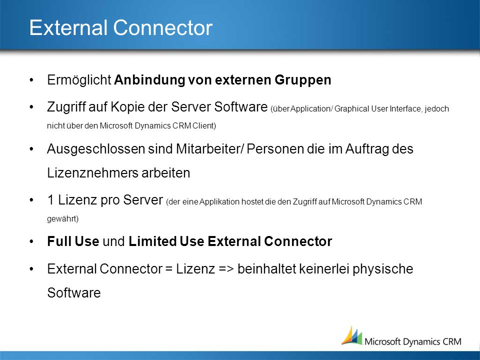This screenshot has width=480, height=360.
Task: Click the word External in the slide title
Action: tap(68, 27)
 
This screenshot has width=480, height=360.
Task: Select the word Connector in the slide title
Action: tap(163, 27)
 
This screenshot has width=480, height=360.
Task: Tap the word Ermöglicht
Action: tap(79, 80)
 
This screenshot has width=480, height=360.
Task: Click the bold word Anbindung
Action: tap(149, 80)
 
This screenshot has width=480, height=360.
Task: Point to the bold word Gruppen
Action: tap(303, 80)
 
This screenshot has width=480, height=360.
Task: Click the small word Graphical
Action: tap(351, 109)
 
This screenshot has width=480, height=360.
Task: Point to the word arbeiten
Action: tap(165, 173)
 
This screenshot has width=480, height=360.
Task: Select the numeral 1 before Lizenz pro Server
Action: tap(51, 200)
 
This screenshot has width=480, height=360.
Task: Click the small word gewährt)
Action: tap(63, 218)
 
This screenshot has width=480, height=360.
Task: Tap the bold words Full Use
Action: tap(73, 241)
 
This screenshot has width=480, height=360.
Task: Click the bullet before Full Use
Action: tap(31, 241)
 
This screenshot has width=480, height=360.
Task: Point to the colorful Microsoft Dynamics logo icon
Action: tap(352, 336)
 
